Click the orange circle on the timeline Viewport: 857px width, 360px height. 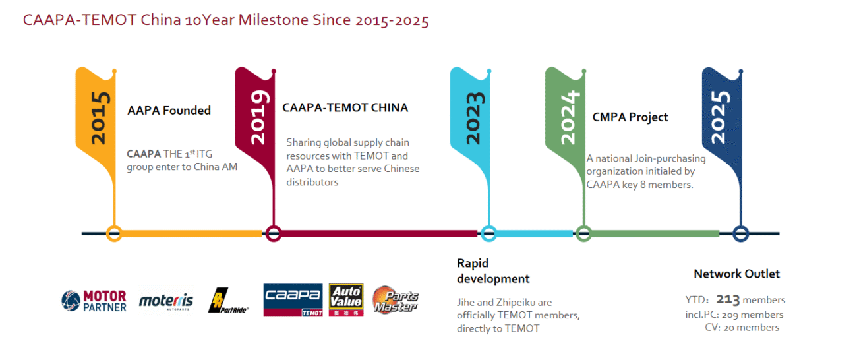pos(114,233)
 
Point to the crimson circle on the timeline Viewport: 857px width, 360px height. pos(274,233)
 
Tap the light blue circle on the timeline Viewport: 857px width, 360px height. pos(488,233)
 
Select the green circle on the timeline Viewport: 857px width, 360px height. pos(583,233)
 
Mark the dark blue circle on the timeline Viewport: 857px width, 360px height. pos(741,233)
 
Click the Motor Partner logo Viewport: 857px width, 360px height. pos(94,301)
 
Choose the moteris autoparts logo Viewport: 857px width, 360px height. pos(165,302)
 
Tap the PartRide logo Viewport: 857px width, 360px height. pos(227,301)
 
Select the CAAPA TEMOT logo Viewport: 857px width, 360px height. pos(293,300)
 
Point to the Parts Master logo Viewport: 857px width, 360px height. pos(396,299)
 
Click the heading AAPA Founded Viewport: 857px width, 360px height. pos(169,111)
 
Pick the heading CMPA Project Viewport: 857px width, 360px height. pos(630,117)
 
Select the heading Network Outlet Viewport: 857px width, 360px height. pos(736,274)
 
